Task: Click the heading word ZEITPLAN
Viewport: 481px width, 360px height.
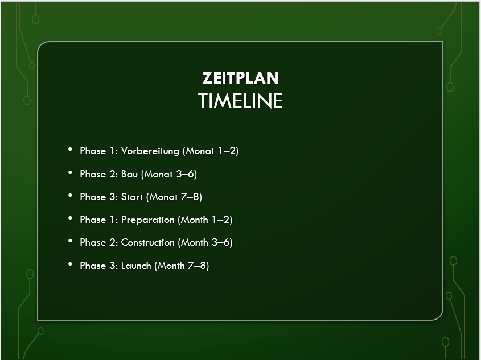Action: (x=240, y=78)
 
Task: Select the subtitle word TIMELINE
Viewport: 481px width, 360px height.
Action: (x=240, y=101)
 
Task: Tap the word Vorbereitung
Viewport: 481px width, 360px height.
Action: (x=150, y=151)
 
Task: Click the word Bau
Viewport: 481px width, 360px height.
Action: (x=129, y=174)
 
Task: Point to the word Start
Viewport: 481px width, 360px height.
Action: (x=132, y=197)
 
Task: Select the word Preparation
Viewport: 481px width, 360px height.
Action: (x=147, y=220)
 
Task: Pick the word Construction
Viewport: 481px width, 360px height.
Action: (x=147, y=242)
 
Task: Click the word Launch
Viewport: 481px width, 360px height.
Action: (x=136, y=266)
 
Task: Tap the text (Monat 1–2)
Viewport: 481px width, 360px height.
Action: (x=211, y=151)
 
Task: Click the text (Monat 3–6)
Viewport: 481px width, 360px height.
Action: (x=168, y=175)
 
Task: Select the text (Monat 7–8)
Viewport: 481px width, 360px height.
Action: (x=174, y=197)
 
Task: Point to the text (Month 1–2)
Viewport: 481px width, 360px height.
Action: (x=205, y=220)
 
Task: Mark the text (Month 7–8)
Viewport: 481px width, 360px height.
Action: (x=182, y=266)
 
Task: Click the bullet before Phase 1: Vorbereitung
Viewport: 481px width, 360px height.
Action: (x=70, y=150)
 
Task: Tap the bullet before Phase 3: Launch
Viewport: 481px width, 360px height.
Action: (x=70, y=264)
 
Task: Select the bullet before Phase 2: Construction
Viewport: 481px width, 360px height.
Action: (x=70, y=241)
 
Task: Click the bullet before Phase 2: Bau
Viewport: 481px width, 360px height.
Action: (x=70, y=173)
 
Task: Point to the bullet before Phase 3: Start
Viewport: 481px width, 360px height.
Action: (x=70, y=196)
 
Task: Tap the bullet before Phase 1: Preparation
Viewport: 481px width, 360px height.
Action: (x=70, y=218)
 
